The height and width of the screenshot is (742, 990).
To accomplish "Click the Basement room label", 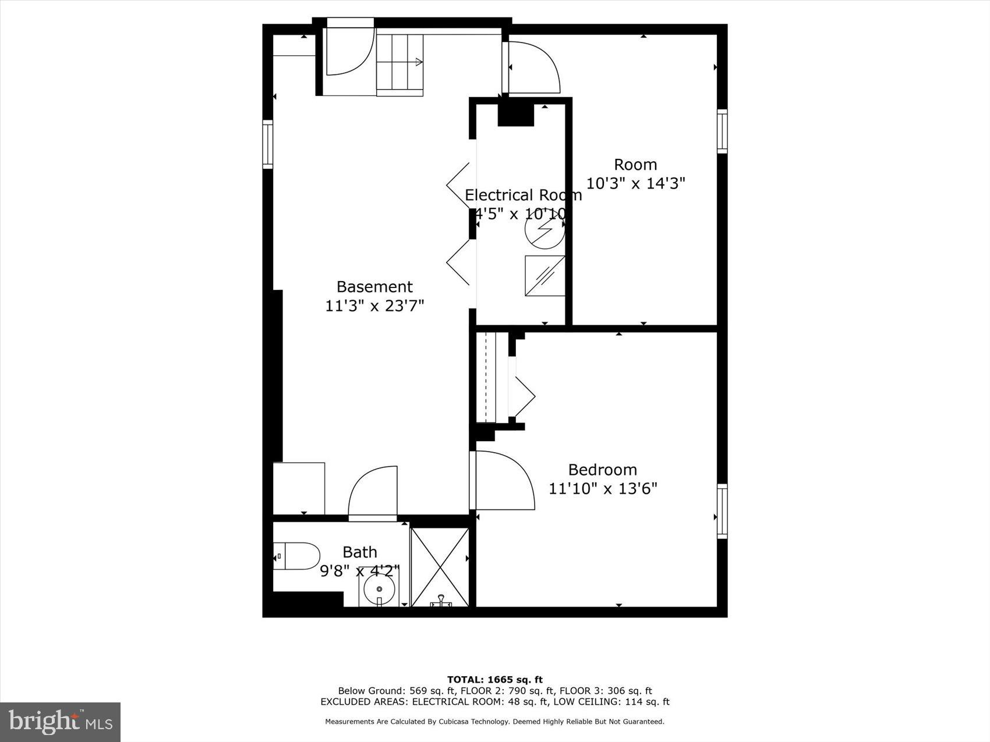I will (x=374, y=286).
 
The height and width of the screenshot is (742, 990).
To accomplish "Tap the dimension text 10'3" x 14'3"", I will (x=635, y=183).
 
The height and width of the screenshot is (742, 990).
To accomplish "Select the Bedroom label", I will (x=602, y=470).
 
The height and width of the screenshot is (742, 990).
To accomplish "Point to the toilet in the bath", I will (x=296, y=556).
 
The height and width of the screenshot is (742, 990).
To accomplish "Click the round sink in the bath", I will (x=379, y=590).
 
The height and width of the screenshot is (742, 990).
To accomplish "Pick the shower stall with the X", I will (x=440, y=567).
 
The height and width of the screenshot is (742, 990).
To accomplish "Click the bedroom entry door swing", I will (x=503, y=481).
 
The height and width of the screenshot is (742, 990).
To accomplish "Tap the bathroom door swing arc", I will (x=373, y=492).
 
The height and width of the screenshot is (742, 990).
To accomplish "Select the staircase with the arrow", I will (x=399, y=64).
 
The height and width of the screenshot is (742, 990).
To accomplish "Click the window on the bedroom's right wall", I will (x=722, y=511).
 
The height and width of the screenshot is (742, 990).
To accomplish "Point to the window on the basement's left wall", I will (x=268, y=144).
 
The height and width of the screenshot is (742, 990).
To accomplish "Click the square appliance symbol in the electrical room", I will (x=545, y=275).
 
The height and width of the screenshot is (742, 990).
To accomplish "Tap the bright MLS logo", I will (x=61, y=722).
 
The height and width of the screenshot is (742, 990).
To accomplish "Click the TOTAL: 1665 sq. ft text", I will (x=494, y=679).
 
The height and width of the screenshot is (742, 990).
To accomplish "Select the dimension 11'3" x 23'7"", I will (x=374, y=306).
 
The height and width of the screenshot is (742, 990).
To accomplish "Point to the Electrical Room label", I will (x=523, y=195).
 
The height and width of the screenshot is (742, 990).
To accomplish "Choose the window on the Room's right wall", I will (x=722, y=131).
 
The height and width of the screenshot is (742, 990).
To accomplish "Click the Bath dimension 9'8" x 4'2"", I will (x=360, y=571).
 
